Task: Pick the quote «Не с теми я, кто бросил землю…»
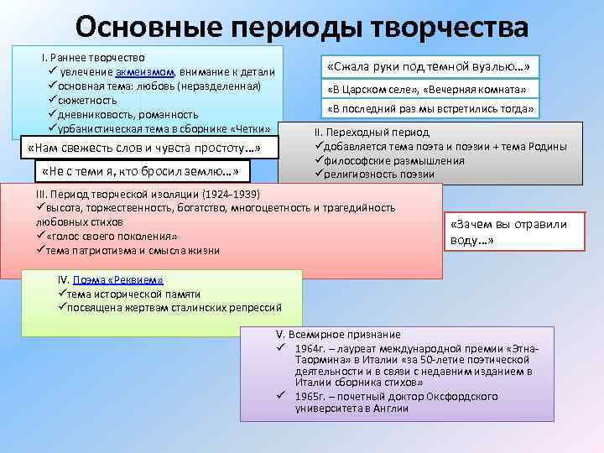click(139, 173)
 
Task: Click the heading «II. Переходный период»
click(372, 133)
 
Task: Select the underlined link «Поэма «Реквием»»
click(117, 280)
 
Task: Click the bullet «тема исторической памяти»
click(133, 294)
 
